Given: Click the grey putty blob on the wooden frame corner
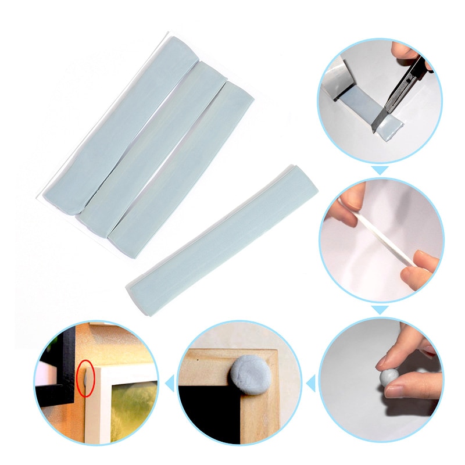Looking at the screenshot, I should click(x=251, y=374).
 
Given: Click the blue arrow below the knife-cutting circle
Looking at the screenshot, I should click(x=380, y=170).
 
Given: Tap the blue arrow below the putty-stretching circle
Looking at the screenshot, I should click(x=380, y=310).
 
